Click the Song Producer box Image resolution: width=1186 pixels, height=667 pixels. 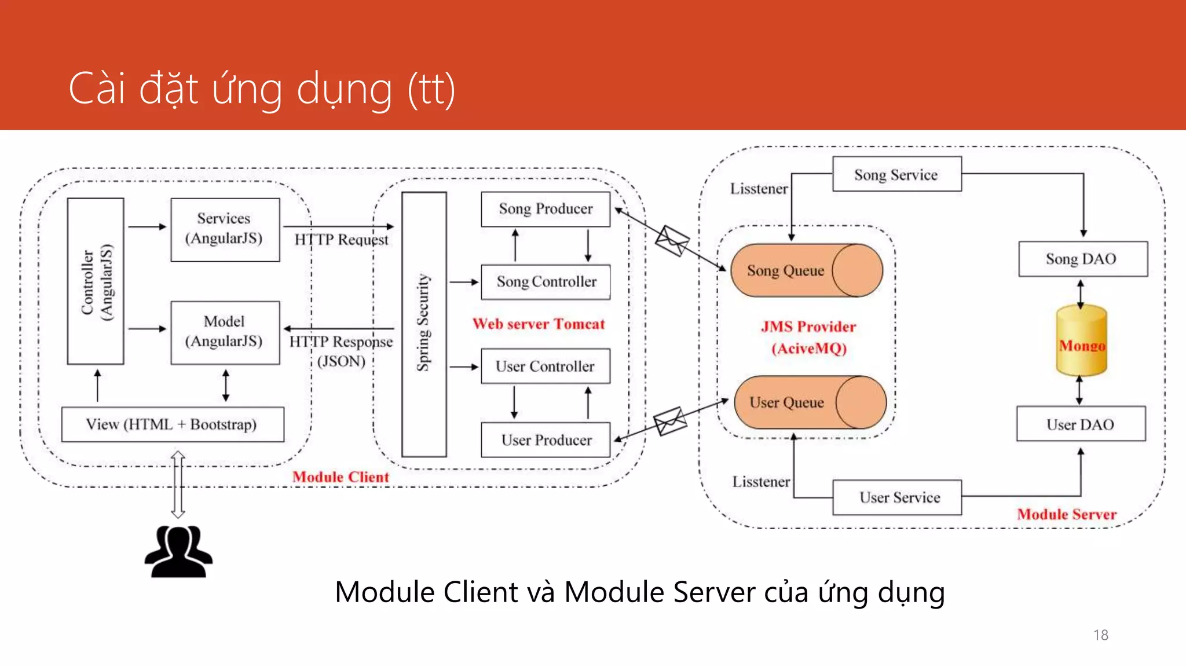[546, 209]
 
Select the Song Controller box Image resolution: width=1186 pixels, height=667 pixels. [546, 282]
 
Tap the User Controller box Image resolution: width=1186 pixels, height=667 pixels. [546, 366]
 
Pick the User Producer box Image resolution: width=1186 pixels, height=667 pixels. [546, 440]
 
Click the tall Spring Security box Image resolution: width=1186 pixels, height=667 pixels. [424, 324]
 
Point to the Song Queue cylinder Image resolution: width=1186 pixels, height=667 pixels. [806, 270]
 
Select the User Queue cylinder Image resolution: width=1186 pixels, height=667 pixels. [810, 402]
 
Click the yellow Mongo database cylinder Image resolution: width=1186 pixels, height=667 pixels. [1081, 342]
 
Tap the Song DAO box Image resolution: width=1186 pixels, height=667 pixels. [1082, 259]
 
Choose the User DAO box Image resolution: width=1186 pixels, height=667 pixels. [1081, 424]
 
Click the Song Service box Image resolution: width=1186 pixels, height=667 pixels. [896, 174]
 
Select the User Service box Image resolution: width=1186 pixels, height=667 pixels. [896, 497]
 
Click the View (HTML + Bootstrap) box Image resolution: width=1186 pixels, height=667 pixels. [173, 424]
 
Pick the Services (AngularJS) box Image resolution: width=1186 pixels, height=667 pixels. [225, 229]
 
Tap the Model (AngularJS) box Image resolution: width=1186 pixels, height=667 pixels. [225, 332]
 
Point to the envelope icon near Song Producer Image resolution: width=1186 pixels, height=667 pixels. [672, 240]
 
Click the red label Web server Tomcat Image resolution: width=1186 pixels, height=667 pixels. [539, 324]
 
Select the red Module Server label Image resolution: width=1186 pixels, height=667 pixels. [1066, 514]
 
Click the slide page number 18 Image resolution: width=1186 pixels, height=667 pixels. [1100, 635]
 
